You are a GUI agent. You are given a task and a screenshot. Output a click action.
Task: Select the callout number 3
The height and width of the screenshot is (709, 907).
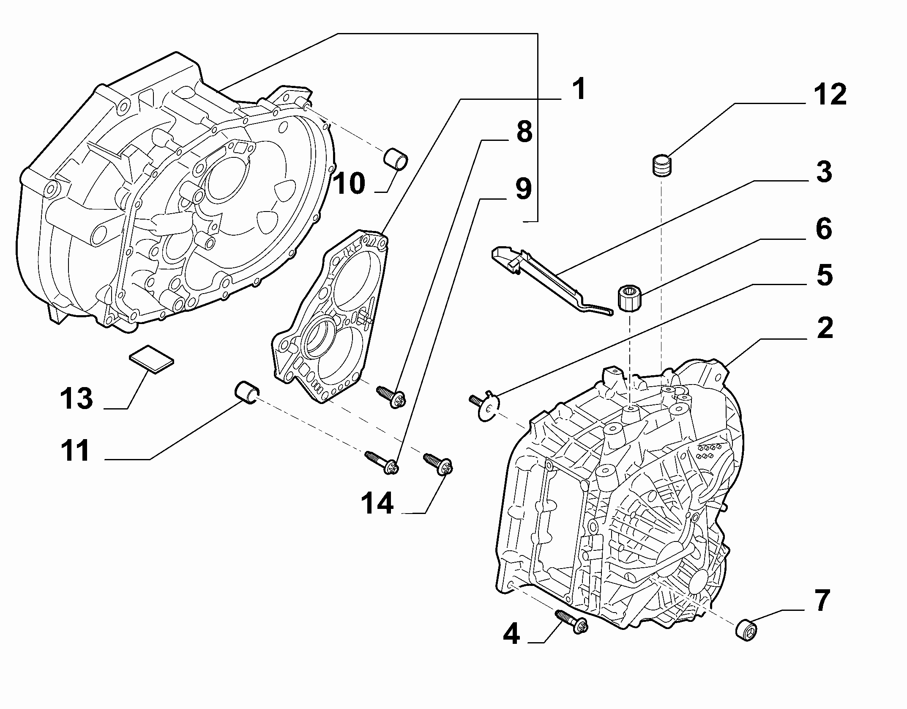[824, 173]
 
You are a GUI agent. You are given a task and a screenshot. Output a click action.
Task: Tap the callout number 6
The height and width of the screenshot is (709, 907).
[824, 229]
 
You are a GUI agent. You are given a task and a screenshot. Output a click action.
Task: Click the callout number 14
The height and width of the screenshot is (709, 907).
[377, 503]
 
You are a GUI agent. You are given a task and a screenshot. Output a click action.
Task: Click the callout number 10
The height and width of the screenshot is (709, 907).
[349, 184]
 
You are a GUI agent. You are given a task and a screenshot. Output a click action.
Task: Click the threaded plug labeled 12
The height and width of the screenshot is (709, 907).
[662, 166]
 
